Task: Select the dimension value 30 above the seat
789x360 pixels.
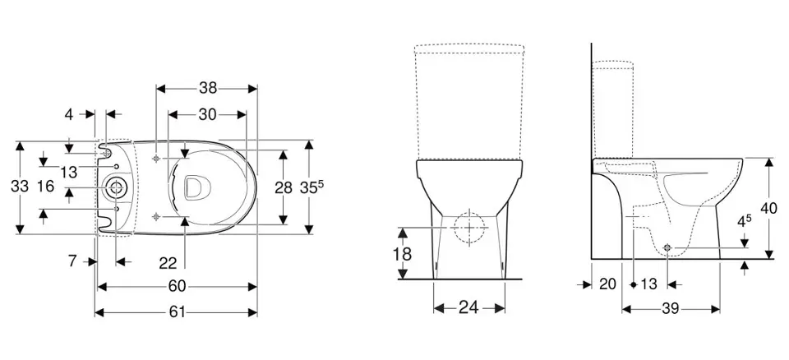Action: [x=207, y=115]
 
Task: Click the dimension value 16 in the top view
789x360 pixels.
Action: [x=44, y=187]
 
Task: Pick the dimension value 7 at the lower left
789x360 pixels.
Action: [x=72, y=261]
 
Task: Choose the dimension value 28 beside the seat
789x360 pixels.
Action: [x=284, y=187]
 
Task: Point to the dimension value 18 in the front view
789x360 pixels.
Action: [x=402, y=254]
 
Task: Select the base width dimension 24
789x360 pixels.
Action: [x=469, y=307]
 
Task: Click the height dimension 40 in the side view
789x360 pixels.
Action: [x=769, y=209]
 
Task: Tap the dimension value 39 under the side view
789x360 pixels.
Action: [x=671, y=308]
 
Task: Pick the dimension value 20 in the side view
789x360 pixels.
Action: [x=607, y=284]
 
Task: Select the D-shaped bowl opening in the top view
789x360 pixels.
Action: [x=195, y=187]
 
